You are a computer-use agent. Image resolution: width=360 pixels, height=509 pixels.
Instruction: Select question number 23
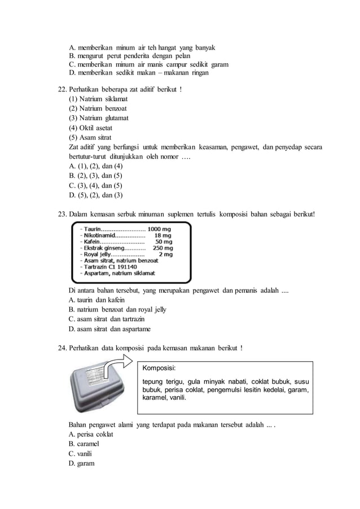[x=63, y=214]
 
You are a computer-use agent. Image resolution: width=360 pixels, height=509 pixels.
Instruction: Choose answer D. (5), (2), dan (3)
[x=95, y=195]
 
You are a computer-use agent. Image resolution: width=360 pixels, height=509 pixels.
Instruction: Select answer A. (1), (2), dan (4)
[x=95, y=166]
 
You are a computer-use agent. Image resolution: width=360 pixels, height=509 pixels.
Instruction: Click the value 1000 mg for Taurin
[x=160, y=229]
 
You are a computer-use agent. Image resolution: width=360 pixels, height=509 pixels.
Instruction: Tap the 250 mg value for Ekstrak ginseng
[x=163, y=248]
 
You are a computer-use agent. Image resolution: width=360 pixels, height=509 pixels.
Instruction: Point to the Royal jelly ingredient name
[x=96, y=254]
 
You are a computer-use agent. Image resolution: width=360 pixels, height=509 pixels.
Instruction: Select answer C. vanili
[x=80, y=454]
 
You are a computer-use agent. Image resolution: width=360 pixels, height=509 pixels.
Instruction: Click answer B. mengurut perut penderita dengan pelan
[x=129, y=56]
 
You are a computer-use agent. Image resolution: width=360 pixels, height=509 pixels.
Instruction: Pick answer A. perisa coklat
[x=90, y=435]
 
